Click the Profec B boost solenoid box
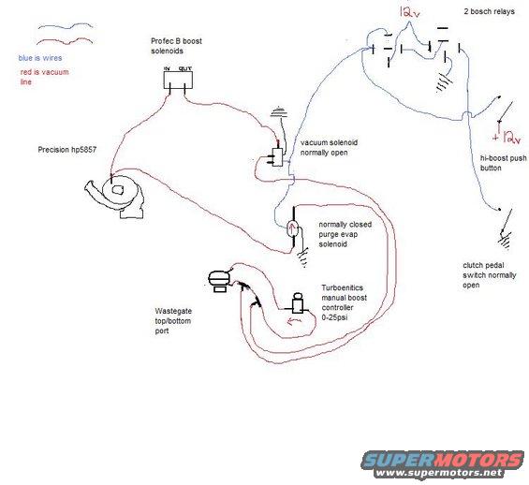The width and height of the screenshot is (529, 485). pos(178,80)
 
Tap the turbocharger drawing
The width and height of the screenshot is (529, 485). pos(116,196)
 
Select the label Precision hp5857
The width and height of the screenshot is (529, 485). pos(67,150)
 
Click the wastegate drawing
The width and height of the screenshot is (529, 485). pos(219,282)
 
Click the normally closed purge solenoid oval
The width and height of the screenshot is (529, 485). pos(292,229)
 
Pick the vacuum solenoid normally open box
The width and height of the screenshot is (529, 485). pos(278,157)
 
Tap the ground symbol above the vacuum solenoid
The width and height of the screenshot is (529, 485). pos(280,112)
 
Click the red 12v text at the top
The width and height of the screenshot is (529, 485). pos(409,12)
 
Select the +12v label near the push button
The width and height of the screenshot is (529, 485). pos(507,137)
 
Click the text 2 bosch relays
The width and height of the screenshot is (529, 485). pos(489,11)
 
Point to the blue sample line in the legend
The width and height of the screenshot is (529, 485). pos(66,26)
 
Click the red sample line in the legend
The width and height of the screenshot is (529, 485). pos(65,41)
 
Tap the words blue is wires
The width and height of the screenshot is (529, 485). pos(40,58)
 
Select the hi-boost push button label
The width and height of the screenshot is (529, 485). pos(503,163)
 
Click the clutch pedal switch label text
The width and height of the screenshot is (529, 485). pos(489,275)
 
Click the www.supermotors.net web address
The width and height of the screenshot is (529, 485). pos(438,473)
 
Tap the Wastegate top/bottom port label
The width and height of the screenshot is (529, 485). pos(173,321)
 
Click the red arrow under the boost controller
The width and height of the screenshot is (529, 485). pos(294,321)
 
